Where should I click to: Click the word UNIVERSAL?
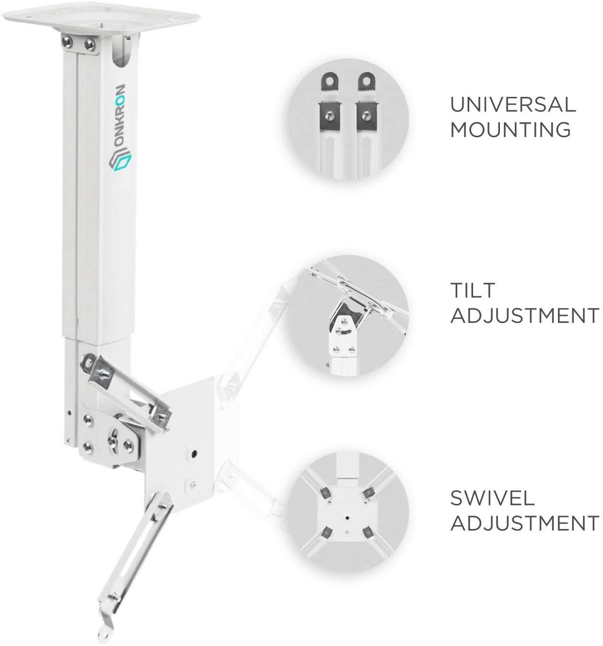(x=512, y=104)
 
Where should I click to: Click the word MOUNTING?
(x=510, y=129)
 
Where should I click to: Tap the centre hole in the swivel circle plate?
(x=347, y=518)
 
